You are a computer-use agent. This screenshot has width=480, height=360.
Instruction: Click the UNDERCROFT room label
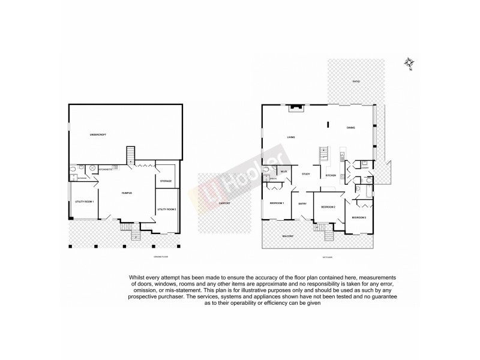click(x=97, y=134)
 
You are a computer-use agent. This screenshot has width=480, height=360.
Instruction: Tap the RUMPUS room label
click(x=127, y=193)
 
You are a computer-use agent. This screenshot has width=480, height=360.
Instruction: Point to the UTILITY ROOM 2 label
click(x=166, y=209)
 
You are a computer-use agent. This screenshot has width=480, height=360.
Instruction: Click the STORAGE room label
click(x=166, y=181)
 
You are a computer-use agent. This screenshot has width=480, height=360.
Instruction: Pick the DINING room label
click(x=351, y=127)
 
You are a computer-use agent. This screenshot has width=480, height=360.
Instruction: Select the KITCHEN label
click(x=330, y=175)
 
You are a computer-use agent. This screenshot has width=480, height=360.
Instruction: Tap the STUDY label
click(x=306, y=174)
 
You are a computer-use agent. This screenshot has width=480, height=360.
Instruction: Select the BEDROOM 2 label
click(x=328, y=207)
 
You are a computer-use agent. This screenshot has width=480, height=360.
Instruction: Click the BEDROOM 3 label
click(x=358, y=217)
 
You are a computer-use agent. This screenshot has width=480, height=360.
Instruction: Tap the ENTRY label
click(x=302, y=204)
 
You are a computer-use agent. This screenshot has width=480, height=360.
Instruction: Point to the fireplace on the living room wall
click(x=294, y=109)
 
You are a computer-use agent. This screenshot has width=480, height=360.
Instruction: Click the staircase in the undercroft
click(x=130, y=155)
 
